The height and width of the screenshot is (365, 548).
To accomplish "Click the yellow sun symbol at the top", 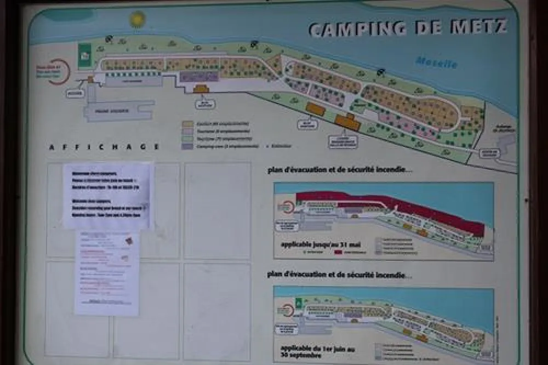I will (136, 19).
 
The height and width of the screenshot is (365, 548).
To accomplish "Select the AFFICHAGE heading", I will (104, 147).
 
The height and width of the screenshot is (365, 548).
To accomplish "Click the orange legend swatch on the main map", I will (187, 124).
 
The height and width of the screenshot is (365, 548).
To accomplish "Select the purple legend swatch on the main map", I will (187, 146).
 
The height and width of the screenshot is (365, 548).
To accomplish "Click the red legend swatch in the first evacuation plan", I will (338, 253).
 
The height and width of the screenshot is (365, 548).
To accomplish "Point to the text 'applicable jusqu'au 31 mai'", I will (317, 244).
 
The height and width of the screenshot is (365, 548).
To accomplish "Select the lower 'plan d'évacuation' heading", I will (340, 275).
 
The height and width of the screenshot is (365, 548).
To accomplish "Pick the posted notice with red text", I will (106, 272).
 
